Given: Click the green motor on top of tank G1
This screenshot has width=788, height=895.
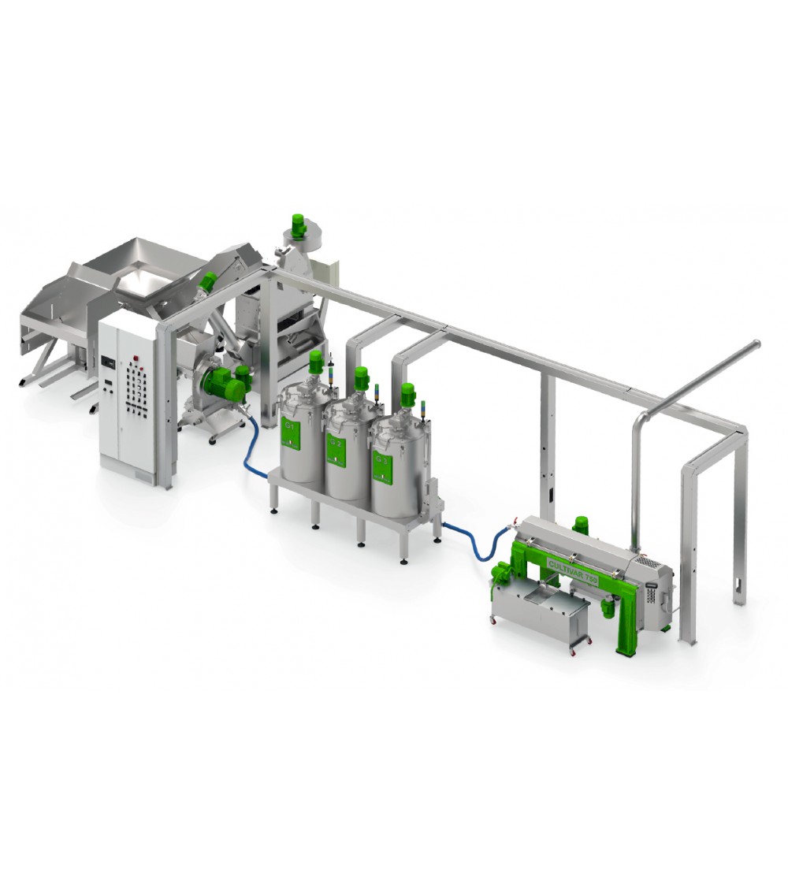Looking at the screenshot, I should point(316,362).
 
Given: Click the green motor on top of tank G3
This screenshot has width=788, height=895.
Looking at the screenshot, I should point(407,394).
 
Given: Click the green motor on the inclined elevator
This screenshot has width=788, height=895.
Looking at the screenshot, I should point(209,282).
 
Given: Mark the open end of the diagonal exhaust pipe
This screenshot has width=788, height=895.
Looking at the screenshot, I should point(756,344).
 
